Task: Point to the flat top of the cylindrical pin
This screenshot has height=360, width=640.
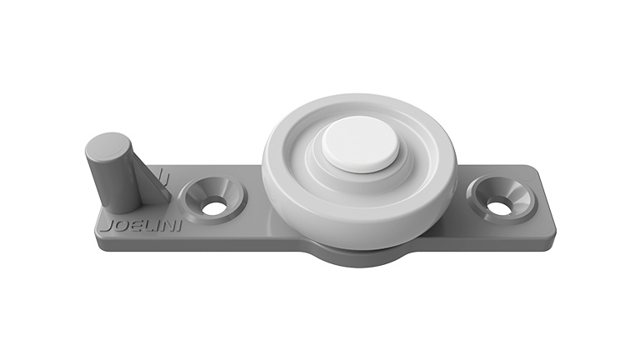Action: coord(108,146)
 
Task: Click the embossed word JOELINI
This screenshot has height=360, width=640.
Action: coord(141,226)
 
